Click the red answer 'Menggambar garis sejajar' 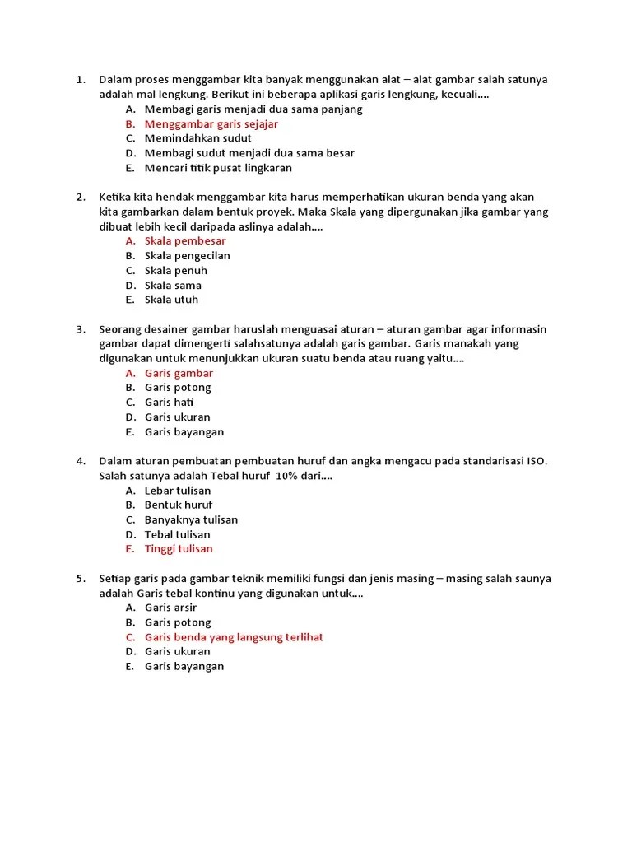(x=211, y=124)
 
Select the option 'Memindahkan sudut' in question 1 (x=197, y=138)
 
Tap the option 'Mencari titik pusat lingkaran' (x=218, y=168)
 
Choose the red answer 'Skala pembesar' (x=184, y=241)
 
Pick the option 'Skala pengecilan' (x=187, y=256)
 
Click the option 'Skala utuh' (x=171, y=300)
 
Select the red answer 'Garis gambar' (x=179, y=373)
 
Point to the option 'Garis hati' (x=170, y=403)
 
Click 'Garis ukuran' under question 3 (x=177, y=417)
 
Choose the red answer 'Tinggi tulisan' (x=179, y=549)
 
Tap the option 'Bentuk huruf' (x=179, y=505)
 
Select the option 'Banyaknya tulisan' (x=191, y=519)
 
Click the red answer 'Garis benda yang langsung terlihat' (x=234, y=637)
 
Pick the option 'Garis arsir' (x=170, y=608)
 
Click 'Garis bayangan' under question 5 (x=184, y=667)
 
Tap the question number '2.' (x=81, y=197)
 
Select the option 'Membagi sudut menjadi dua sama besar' (x=249, y=153)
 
